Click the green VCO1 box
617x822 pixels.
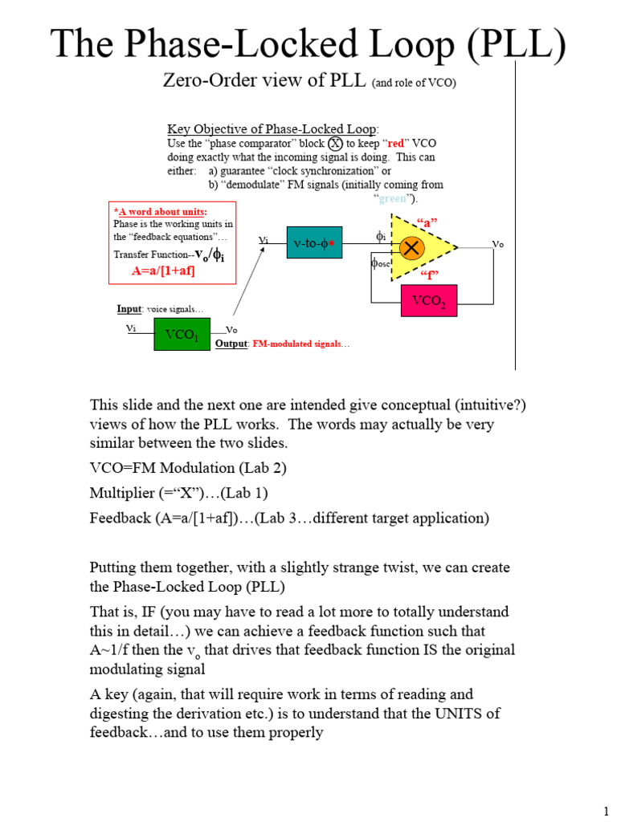click(182, 334)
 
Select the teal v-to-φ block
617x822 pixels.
click(314, 242)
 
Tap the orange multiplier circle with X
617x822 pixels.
click(411, 249)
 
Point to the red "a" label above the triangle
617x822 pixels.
click(427, 221)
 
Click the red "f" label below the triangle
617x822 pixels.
click(428, 275)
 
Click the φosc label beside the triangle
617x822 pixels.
click(379, 262)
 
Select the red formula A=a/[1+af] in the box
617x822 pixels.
click(164, 271)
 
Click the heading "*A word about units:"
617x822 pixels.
click(149, 212)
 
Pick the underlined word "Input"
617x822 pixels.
click(129, 309)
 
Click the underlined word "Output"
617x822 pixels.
click(231, 344)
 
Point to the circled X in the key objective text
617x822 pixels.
click(335, 143)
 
